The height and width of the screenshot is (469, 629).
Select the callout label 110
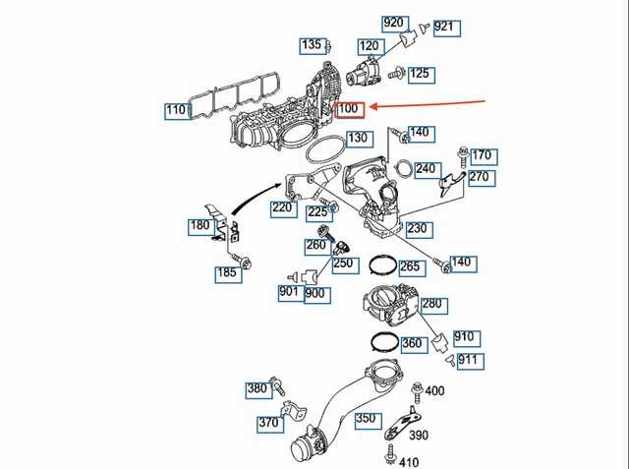coord(177,110)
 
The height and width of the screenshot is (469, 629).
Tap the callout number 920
coord(394,23)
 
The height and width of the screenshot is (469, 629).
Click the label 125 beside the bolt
coord(420,73)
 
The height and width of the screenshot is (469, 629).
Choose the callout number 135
coord(312,45)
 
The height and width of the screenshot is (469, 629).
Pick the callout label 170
coord(482,155)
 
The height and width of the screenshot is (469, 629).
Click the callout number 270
coord(479,177)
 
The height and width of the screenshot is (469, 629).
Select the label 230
coord(417,228)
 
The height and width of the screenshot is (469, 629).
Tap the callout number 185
coord(227,272)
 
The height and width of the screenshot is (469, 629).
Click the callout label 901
coord(289,292)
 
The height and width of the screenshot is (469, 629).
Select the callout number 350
coord(366,419)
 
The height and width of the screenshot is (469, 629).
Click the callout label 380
coord(257,388)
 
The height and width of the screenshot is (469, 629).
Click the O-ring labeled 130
coord(323,151)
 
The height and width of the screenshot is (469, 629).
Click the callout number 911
coord(469,360)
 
